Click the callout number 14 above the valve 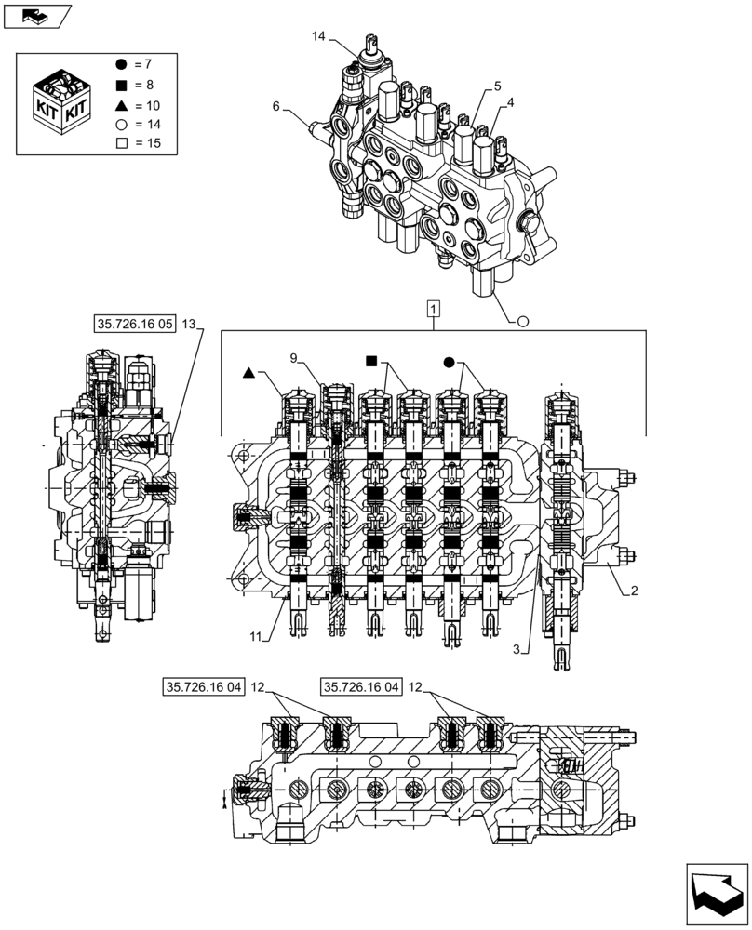[318, 36]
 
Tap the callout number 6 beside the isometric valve [276, 107]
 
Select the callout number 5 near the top [497, 86]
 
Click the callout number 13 [190, 324]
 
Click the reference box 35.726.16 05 [134, 324]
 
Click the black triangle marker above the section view [248, 372]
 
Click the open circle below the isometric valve [522, 321]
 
